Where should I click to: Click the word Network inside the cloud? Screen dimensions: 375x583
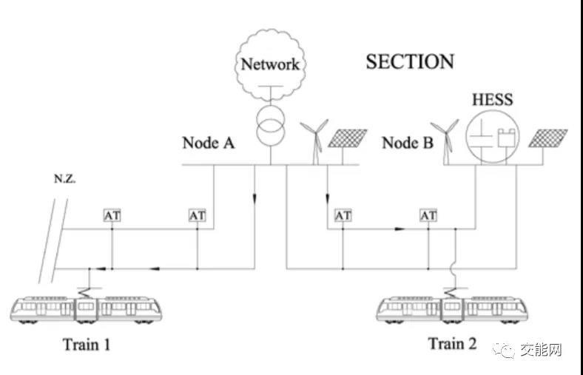pyautogui.click(x=271, y=64)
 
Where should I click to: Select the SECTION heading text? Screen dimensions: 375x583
pyautogui.click(x=410, y=61)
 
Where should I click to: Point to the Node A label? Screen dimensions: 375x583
pyautogui.click(x=209, y=143)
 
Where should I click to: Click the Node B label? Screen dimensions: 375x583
pyautogui.click(x=408, y=143)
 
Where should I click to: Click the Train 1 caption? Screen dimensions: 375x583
pyautogui.click(x=87, y=344)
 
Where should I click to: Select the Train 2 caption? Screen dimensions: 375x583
pyautogui.click(x=452, y=343)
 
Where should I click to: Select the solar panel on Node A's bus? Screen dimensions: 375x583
pyautogui.click(x=346, y=141)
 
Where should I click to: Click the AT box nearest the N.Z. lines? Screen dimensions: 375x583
pyautogui.click(x=112, y=215)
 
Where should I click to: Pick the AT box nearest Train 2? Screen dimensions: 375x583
pyautogui.click(x=428, y=215)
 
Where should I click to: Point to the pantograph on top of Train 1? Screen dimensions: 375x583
pyautogui.click(x=88, y=283)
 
